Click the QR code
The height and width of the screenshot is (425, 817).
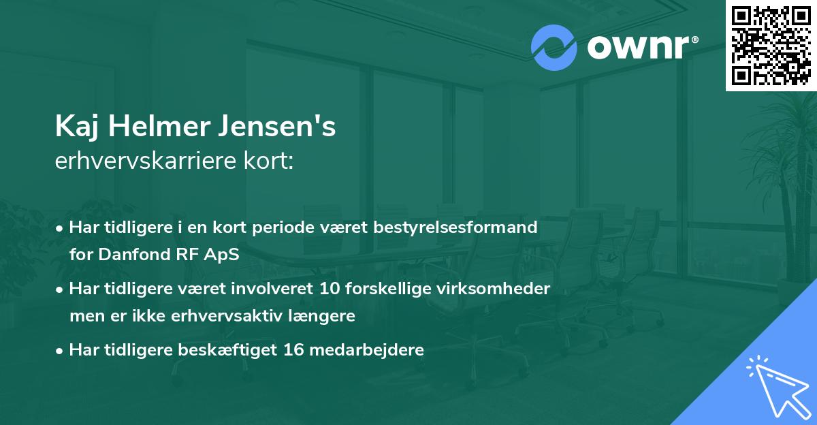click(771, 46)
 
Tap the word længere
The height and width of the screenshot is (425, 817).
click(326, 316)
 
